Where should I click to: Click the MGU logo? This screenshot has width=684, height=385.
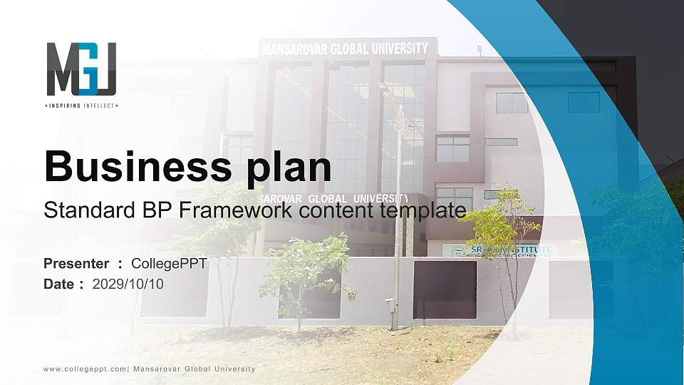pos(81,69)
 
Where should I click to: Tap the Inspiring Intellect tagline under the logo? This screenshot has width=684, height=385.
pos(81,106)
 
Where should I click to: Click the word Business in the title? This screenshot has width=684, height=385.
pos(132,167)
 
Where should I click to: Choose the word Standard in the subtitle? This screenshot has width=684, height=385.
pos(83,210)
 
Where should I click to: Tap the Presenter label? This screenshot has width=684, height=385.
pos(76,264)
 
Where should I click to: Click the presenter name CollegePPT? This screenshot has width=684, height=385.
pos(169,264)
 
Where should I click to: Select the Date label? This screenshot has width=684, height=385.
pos(59,284)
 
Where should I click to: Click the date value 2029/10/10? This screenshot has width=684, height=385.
pos(128,284)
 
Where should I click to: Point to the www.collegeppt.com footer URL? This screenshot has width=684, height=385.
pos(85,369)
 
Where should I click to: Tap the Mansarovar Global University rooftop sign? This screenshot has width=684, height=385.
pos(346,48)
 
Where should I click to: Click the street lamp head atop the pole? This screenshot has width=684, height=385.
pos(385,88)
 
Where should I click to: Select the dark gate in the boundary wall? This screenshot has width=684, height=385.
pos(445,289)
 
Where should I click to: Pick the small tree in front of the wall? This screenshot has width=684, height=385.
pos(303,274)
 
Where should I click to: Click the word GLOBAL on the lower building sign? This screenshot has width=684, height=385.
pos(328,197)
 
